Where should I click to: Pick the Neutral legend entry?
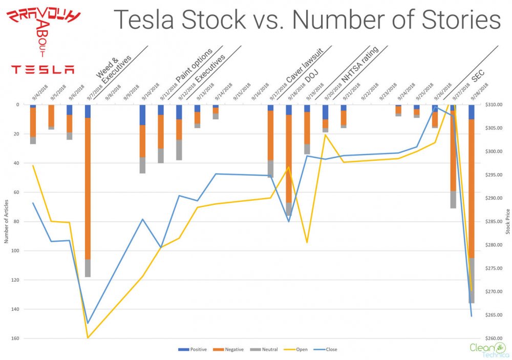[x=263, y=349]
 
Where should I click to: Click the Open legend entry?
[x=295, y=349]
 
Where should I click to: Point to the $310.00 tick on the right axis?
[x=496, y=105]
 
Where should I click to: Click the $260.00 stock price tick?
[x=496, y=338]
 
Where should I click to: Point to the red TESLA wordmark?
[x=43, y=70]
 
